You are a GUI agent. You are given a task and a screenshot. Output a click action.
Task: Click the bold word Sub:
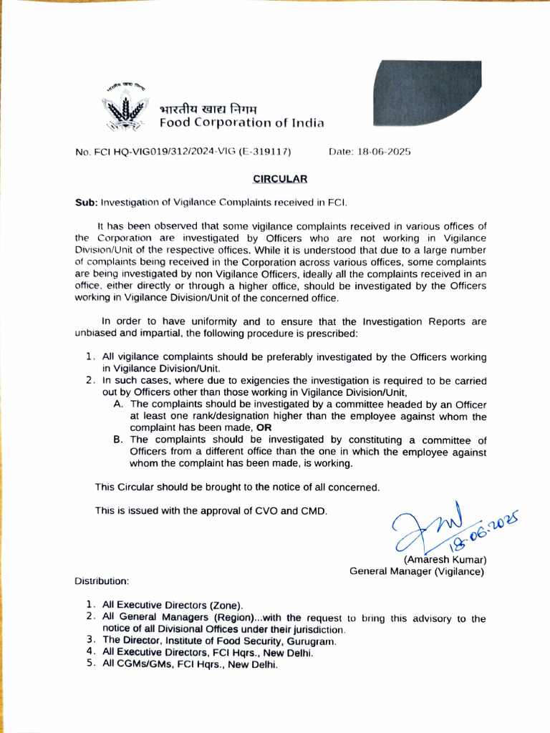[86, 203]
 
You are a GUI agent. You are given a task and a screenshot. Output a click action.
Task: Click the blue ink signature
[423, 526]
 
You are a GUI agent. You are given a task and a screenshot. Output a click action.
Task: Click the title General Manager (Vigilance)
[416, 571]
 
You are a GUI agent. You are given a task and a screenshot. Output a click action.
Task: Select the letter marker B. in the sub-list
[119, 439]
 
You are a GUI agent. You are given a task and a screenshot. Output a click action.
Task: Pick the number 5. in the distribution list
[91, 664]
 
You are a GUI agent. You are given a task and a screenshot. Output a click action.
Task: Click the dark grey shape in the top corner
[423, 92]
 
